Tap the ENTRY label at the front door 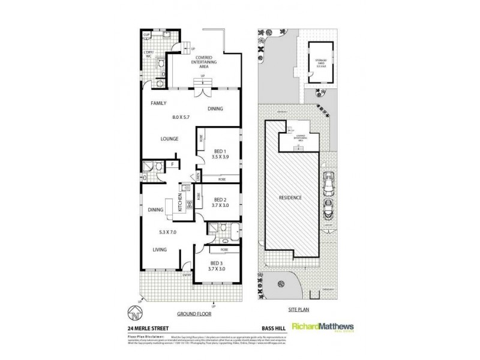pos(187,275)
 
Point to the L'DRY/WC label pos(147,55)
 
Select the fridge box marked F pos(173,163)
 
